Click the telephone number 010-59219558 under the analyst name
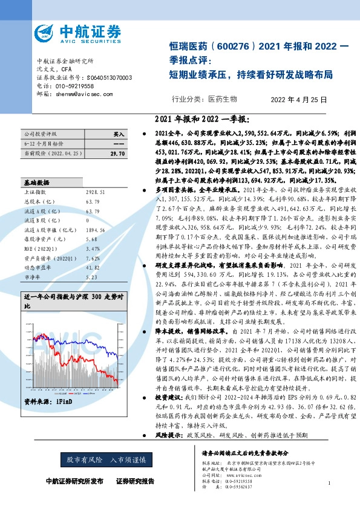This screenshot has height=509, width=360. click(x=73, y=86)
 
